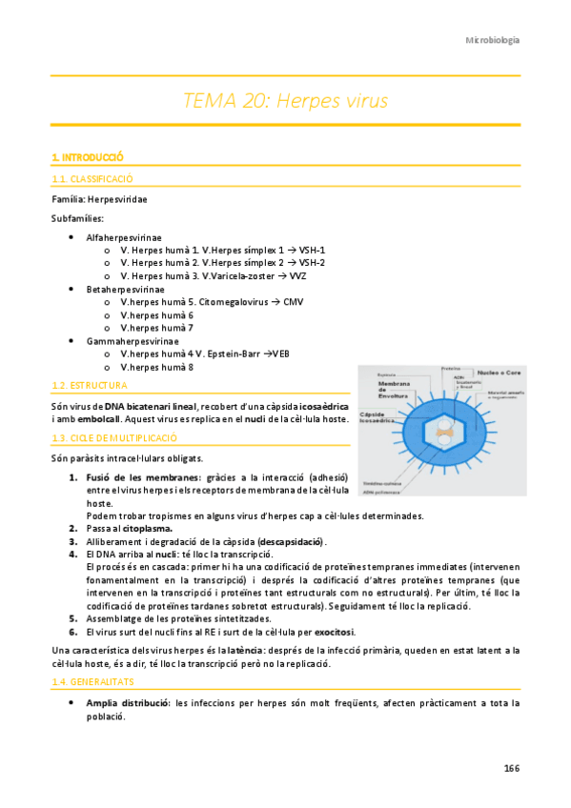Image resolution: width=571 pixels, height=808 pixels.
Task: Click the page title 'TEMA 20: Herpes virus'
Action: (x=285, y=100)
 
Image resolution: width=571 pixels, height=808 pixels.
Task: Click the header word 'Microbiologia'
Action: (x=492, y=40)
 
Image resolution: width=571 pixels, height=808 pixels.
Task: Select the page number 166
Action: (x=511, y=768)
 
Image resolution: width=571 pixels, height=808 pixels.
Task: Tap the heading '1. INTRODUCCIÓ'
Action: (x=88, y=156)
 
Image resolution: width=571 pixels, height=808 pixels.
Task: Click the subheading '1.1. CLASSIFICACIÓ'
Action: (x=92, y=178)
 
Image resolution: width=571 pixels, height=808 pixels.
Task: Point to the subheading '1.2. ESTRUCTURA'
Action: (x=89, y=386)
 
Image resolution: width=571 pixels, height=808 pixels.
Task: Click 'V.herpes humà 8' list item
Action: (x=157, y=367)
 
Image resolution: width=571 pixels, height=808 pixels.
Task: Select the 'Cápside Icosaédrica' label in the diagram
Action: (x=378, y=419)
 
